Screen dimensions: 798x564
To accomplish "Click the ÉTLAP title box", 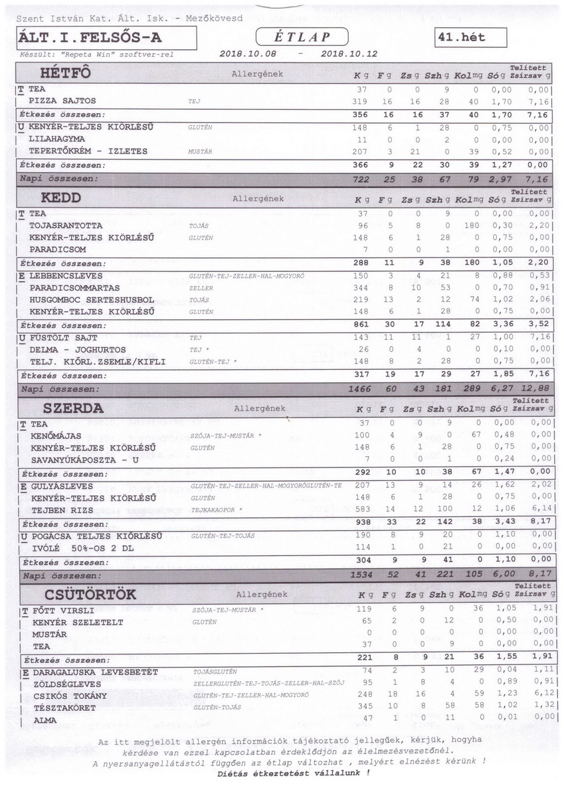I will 302,37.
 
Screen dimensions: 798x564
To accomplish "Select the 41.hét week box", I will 470,37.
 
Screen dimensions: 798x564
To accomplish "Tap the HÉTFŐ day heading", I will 64,72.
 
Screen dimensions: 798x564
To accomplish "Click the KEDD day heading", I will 61,198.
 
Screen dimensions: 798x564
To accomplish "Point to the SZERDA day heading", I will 73,408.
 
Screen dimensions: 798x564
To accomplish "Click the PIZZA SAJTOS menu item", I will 62,100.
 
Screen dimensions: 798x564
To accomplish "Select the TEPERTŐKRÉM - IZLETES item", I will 88,151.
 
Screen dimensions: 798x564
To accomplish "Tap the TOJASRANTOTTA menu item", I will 66,225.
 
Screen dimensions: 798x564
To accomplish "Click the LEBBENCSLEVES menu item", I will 66,275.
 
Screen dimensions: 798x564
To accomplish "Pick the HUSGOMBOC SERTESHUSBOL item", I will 92,300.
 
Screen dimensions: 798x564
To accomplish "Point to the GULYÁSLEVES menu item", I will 62,486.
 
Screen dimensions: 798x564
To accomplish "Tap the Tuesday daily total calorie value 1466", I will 361,388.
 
